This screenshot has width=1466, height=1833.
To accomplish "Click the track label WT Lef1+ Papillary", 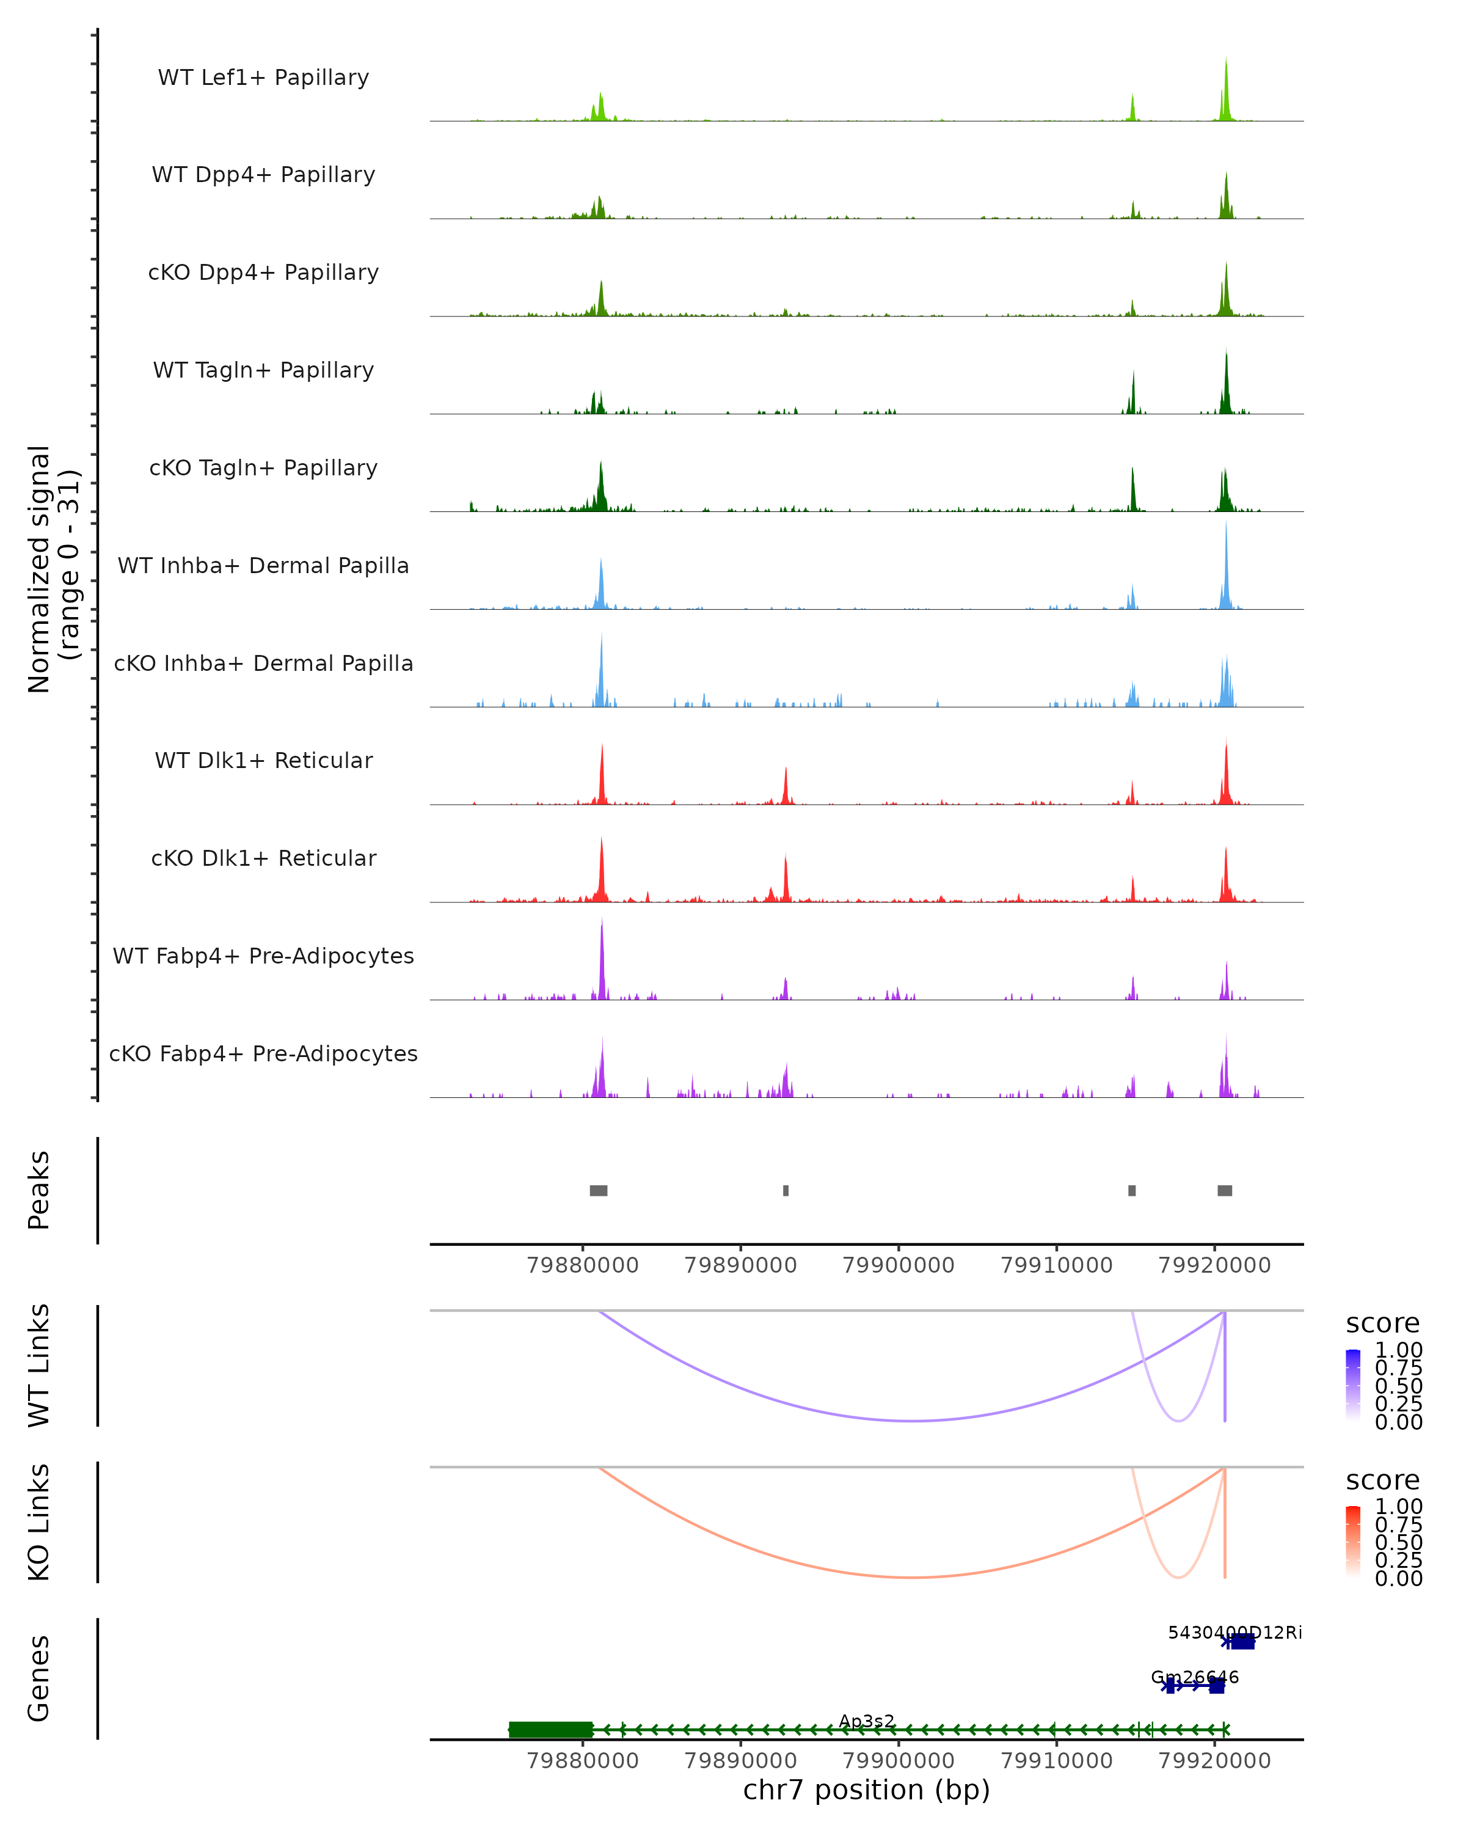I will click(263, 78).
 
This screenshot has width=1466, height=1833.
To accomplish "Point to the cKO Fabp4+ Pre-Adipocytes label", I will click(263, 1053).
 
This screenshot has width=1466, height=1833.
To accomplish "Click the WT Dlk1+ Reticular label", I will click(263, 760).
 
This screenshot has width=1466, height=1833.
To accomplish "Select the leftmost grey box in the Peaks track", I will click(598, 1190).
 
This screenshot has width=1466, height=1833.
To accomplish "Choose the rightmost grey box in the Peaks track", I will click(1225, 1190).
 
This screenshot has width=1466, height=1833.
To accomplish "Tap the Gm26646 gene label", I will click(1194, 1677).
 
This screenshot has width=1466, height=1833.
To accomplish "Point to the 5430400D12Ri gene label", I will click(1234, 1633).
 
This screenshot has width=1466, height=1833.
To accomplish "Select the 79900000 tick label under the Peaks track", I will click(899, 1265).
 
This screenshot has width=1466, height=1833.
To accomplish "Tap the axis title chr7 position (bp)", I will click(866, 1790).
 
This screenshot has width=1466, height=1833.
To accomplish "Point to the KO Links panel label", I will click(39, 1522).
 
